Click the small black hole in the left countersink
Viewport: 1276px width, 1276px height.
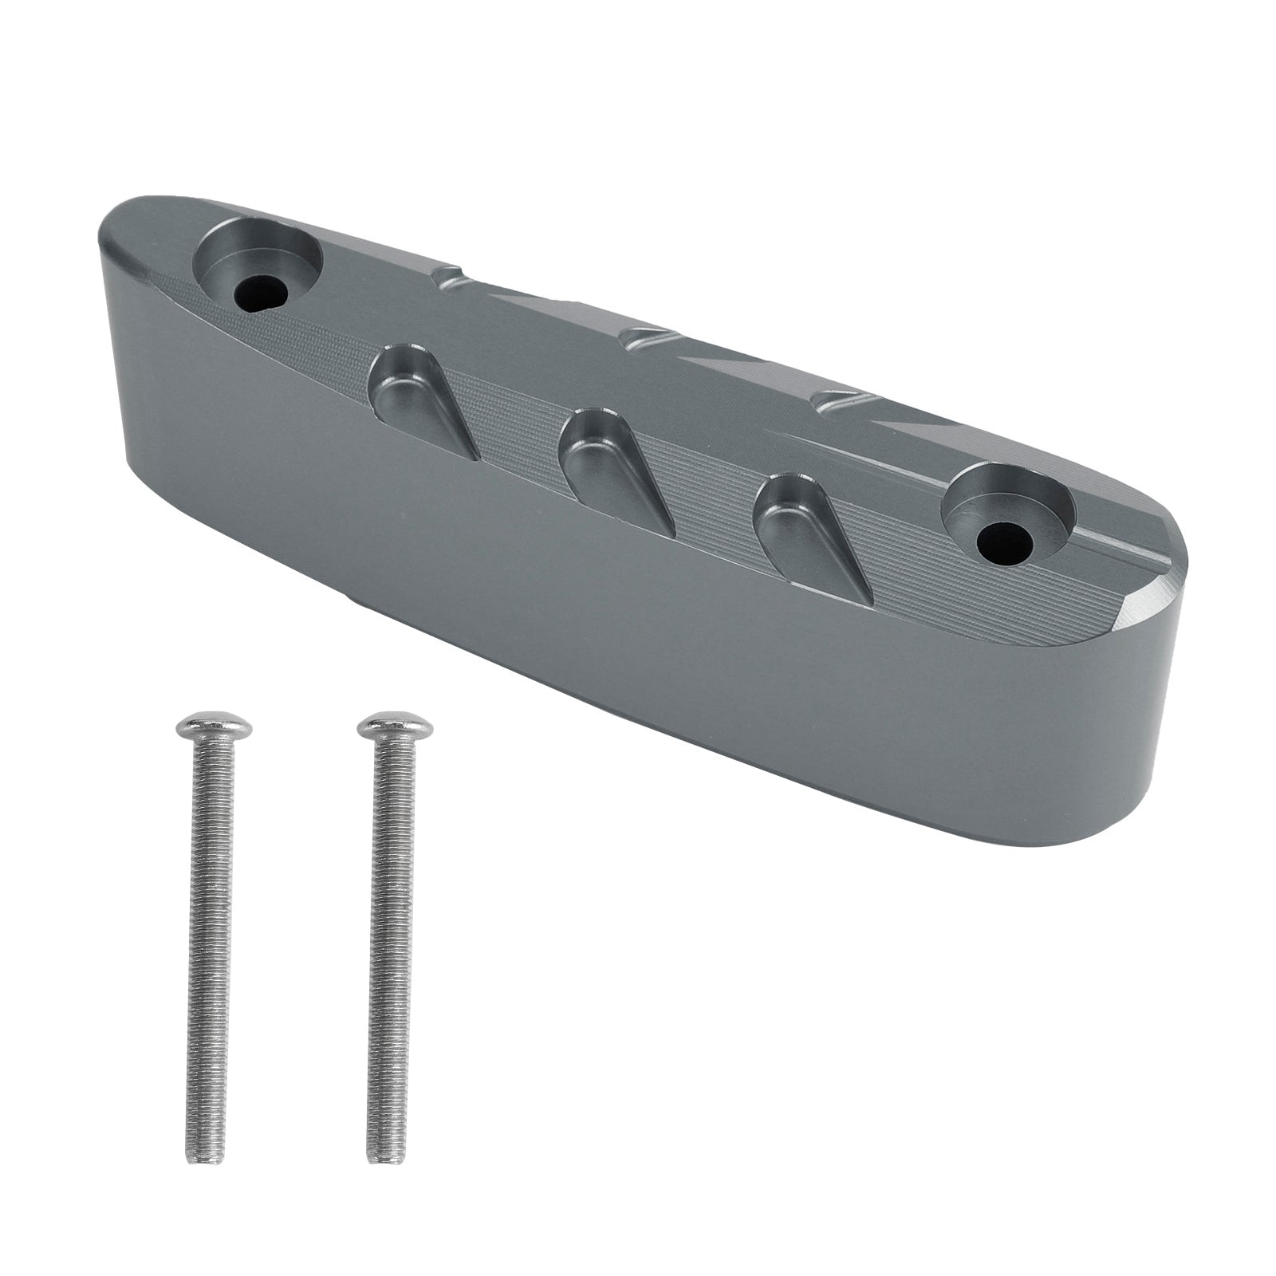tap(262, 293)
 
